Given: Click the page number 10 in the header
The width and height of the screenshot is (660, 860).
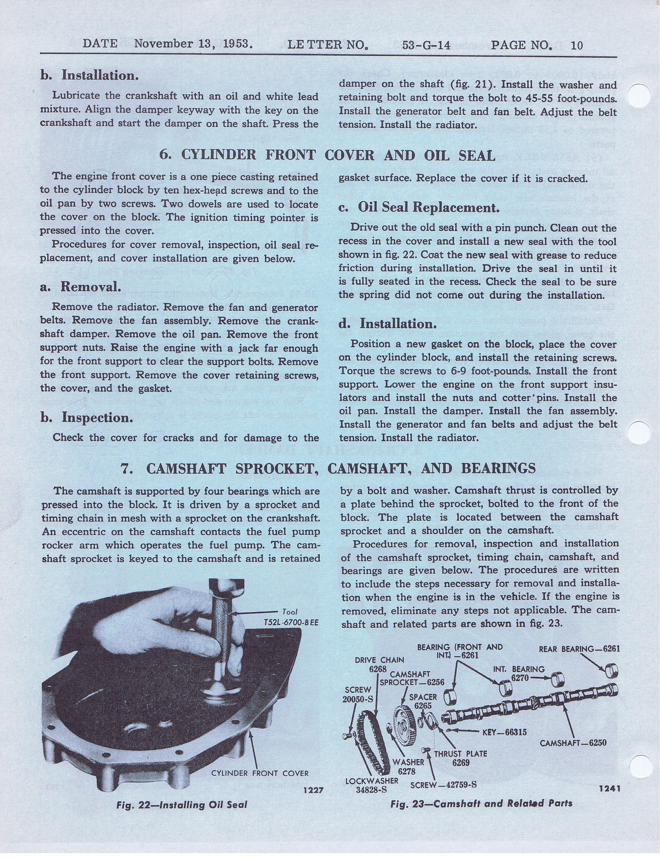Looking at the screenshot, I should [577, 45].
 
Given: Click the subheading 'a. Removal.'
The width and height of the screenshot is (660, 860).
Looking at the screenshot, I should [81, 287].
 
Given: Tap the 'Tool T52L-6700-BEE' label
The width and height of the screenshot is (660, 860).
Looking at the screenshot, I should [291, 617].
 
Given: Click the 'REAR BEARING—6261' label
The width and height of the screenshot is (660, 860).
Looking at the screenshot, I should [579, 649].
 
